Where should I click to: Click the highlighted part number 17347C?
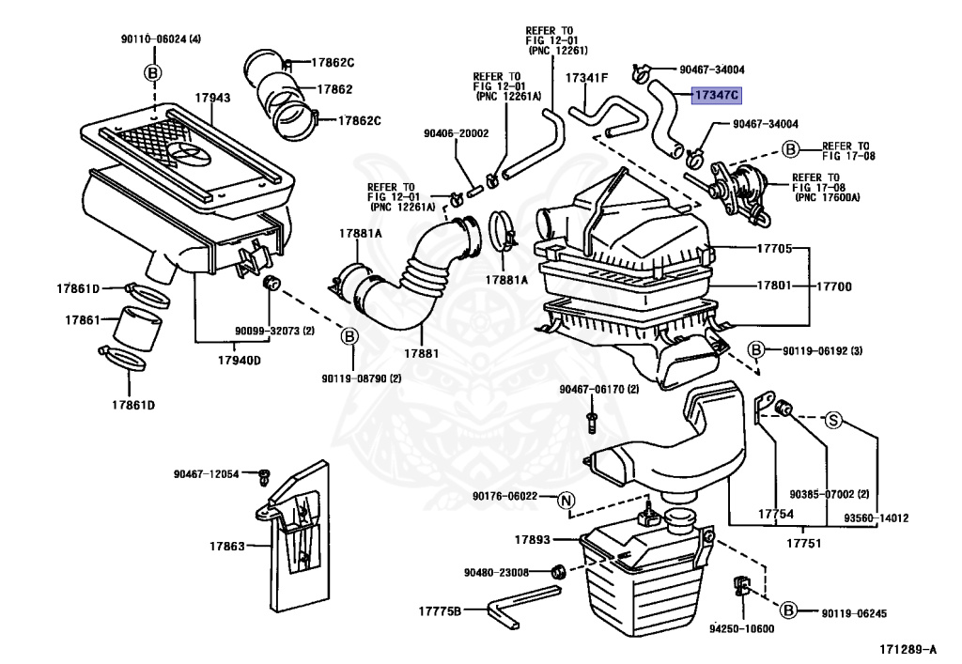[717, 95]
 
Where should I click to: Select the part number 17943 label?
[213, 98]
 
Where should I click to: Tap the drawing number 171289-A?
[908, 649]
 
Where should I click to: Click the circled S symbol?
[833, 421]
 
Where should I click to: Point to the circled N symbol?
[565, 501]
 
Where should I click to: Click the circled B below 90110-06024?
[153, 73]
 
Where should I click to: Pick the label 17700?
[834, 286]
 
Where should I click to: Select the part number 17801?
[774, 286]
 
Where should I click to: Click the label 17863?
[227, 546]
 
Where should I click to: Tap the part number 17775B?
[440, 611]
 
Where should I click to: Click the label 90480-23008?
[496, 573]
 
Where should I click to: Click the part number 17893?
[532, 539]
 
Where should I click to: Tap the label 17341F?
[586, 78]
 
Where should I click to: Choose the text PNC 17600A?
[828, 197]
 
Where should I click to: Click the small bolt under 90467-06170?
[592, 422]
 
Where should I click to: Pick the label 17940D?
[240, 360]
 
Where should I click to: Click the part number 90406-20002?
[456, 133]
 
